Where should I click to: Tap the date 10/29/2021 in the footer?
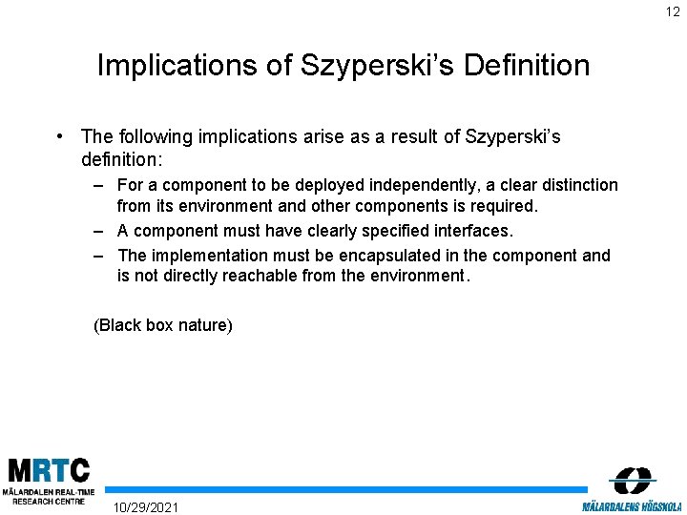145,505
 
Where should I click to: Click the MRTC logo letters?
50,470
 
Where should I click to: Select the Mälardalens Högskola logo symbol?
632,480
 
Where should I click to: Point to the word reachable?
263,276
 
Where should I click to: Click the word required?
507,205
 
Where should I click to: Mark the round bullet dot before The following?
60,136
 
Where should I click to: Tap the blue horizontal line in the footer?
343,489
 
